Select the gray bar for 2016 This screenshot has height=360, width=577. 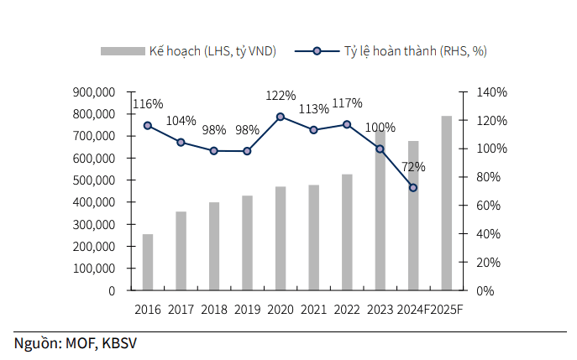[x=148, y=262]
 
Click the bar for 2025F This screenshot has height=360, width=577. [x=446, y=203]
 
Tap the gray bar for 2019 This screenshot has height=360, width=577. [x=247, y=243]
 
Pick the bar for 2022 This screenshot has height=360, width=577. [x=347, y=232]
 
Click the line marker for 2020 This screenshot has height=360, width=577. [x=280, y=117]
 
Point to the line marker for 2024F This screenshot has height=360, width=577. [x=413, y=187]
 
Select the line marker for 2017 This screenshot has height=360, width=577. [x=181, y=143]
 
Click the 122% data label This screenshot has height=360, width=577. [x=280, y=96]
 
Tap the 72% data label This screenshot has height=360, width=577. [x=413, y=167]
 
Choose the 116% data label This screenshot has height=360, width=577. [x=148, y=104]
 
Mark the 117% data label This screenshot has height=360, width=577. [x=347, y=103]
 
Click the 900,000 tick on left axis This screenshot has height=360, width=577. [x=94, y=91]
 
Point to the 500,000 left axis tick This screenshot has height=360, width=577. [x=94, y=180]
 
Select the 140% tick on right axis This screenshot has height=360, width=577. [x=490, y=92]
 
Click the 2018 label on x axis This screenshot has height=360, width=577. [x=214, y=310]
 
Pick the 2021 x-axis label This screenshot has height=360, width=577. [x=313, y=310]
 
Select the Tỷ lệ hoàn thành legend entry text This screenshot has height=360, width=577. [x=415, y=51]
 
